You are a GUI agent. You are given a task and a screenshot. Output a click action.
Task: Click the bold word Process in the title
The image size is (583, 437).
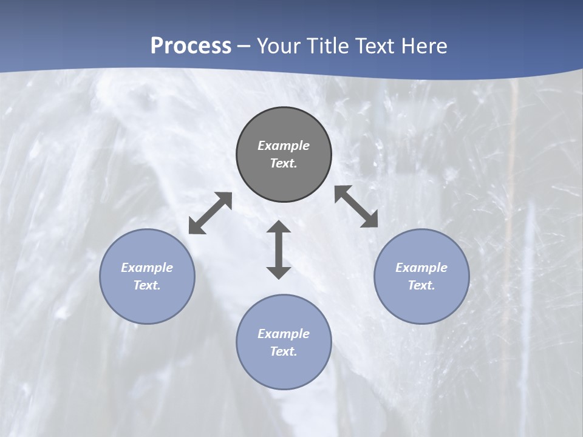pos(191,46)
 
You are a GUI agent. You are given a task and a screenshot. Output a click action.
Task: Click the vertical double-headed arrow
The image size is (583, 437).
pos(279,250)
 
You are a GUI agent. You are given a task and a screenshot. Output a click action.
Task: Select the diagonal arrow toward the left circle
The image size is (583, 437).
pos(210,213)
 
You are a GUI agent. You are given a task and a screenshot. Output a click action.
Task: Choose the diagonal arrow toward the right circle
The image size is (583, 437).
pos(356,206)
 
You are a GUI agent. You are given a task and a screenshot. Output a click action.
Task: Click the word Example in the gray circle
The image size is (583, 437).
pos(284,146)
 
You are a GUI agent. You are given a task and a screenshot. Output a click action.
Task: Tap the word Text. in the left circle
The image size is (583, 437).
pos(147,285)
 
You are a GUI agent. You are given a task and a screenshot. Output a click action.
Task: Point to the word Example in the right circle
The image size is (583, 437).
pos(421,268)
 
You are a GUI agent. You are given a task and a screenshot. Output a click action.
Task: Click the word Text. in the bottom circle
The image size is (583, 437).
pos(284,351)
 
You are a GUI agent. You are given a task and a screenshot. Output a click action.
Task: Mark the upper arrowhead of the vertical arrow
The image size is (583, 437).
pos(279,228)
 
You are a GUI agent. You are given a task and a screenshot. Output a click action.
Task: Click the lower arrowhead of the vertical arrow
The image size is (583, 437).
pos(279,272)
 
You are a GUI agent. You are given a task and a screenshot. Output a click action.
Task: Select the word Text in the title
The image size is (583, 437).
pos(376,46)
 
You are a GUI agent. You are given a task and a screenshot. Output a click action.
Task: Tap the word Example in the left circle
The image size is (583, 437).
pos(147,268)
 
